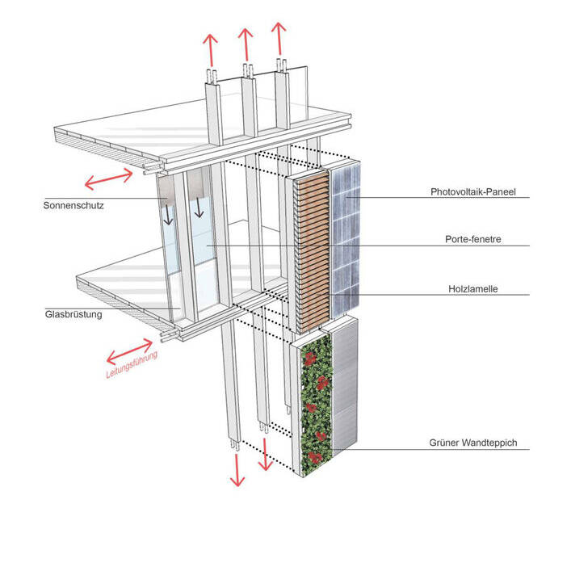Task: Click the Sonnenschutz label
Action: (74, 205)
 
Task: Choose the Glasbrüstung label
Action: (74, 314)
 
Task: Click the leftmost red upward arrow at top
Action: (212, 50)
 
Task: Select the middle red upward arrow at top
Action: (244, 44)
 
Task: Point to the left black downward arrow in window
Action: (169, 214)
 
